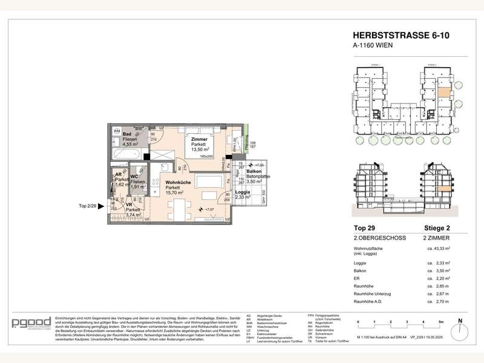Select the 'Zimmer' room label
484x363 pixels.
199,140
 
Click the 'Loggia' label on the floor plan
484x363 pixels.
242,192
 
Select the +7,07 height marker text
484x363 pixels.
210,209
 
